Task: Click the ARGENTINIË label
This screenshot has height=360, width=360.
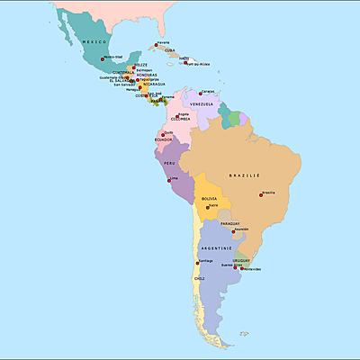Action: click(217, 247)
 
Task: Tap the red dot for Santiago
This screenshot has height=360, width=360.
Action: click(198, 262)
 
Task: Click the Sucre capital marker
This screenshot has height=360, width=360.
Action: click(209, 206)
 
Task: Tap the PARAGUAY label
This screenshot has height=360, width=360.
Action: click(229, 223)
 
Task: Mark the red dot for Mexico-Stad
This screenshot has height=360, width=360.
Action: click(103, 58)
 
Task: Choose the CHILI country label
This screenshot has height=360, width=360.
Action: click(199, 279)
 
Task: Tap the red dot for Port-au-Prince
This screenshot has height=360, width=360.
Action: click(186, 62)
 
